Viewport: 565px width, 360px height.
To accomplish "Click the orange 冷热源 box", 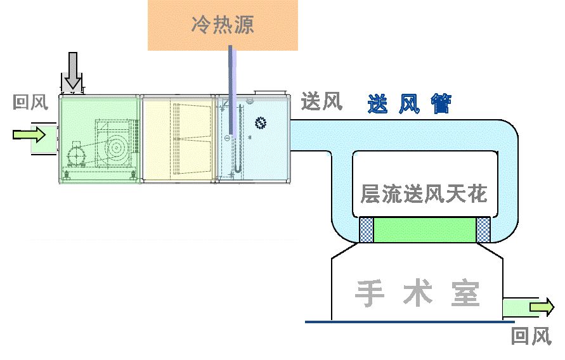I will coord(223,25).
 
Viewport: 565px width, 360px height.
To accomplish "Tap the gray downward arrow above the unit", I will coord(73,70).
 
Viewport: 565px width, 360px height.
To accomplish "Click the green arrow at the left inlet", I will coord(29,134).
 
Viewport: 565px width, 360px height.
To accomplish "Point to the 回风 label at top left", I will coord(30,103).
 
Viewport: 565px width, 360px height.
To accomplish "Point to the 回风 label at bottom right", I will coord(531,337).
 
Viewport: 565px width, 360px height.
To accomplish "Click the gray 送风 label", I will coord(321,101).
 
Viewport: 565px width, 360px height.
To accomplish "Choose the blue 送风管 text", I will coord(409,104).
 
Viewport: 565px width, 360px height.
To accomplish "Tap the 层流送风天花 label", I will coord(424,193).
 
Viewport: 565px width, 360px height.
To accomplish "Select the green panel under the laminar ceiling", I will coord(425,230).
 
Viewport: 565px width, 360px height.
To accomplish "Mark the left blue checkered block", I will coord(367,230).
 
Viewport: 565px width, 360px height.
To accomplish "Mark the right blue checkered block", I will coord(484,230).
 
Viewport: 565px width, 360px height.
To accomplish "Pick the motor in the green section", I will coord(75,155).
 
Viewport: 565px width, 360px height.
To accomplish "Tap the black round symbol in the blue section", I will coord(259,122).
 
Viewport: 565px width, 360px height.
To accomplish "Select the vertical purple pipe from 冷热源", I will coord(232,89).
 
